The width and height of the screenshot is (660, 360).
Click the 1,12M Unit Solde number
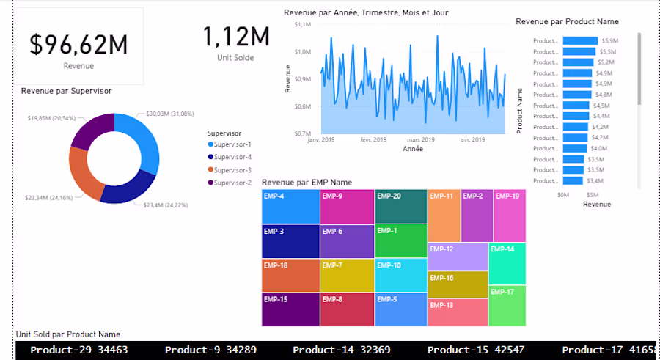click(x=235, y=37)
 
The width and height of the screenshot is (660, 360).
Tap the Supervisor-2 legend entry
click(x=232, y=183)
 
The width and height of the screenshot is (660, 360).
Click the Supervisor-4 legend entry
click(x=232, y=157)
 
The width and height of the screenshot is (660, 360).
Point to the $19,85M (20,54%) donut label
click(x=51, y=118)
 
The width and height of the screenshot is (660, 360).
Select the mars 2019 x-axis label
click(x=421, y=139)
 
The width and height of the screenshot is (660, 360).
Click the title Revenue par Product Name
click(x=567, y=22)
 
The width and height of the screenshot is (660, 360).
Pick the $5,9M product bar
click(x=580, y=41)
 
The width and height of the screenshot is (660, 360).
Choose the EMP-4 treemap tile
click(x=290, y=207)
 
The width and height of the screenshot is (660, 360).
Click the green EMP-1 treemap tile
click(x=400, y=240)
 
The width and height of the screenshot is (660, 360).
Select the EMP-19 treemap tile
click(x=509, y=216)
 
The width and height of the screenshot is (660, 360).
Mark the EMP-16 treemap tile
click(x=458, y=284)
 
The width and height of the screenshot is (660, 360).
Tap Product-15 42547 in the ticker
click(x=474, y=350)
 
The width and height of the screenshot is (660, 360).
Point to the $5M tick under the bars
click(x=593, y=195)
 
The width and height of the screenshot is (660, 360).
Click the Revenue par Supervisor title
click(x=66, y=91)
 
